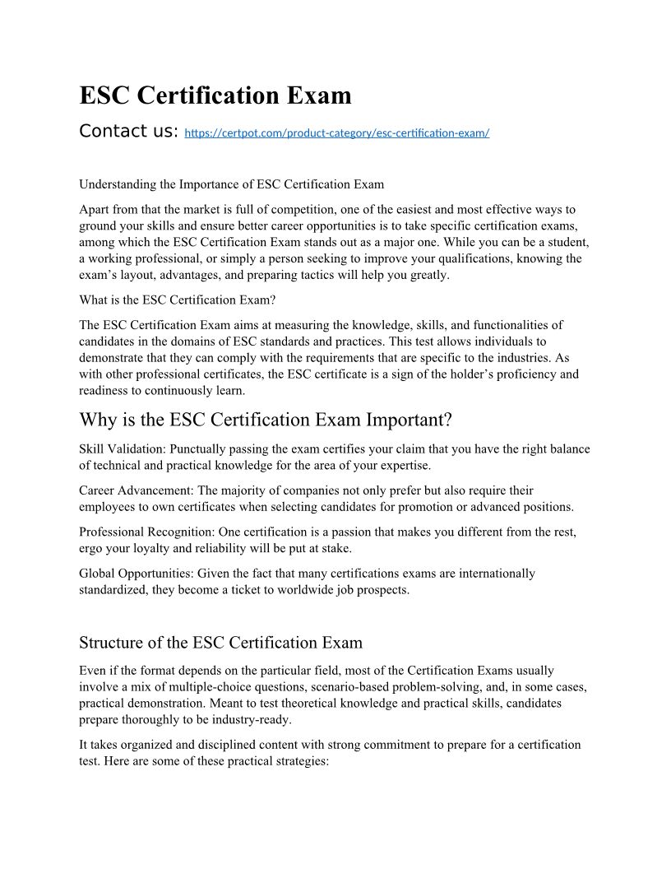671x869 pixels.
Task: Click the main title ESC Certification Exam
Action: pyautogui.click(x=215, y=95)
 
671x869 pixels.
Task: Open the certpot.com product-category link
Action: pyautogui.click(x=337, y=132)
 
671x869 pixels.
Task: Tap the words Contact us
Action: pyautogui.click(x=129, y=131)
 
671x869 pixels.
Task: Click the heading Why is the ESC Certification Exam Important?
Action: pyautogui.click(x=266, y=420)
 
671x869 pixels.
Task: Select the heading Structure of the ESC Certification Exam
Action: pyautogui.click(x=220, y=642)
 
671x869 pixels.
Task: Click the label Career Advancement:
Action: pyautogui.click(x=137, y=490)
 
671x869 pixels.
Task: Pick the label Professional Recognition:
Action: pyautogui.click(x=146, y=532)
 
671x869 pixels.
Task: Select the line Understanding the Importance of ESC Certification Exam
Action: pyautogui.click(x=231, y=184)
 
